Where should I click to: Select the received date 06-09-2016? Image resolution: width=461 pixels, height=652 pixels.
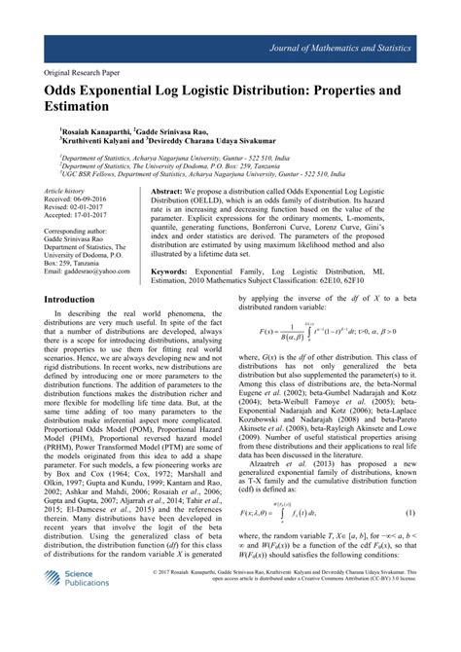tap(95, 201)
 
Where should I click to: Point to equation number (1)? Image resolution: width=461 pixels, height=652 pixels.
tap(411, 539)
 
